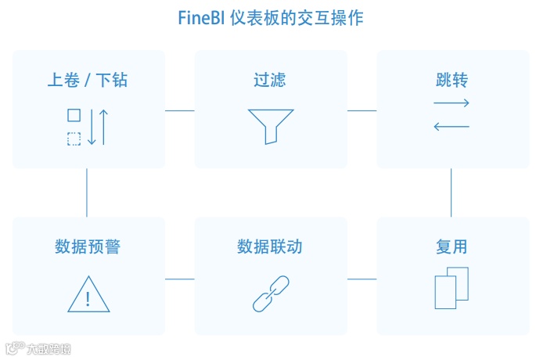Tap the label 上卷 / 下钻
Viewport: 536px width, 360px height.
pos(88,80)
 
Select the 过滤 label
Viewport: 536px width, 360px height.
pos(270,80)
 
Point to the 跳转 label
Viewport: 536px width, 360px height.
pos(452,80)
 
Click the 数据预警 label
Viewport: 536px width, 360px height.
pos(88,247)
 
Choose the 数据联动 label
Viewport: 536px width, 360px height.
pos(270,247)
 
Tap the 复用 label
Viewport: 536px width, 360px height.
pos(452,247)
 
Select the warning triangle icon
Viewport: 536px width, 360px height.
pos(88,294)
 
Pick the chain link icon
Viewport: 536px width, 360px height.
pos(270,294)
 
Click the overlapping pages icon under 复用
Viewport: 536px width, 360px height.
pos(451,288)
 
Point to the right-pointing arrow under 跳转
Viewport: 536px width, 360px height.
pos(451,103)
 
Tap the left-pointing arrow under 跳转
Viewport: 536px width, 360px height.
pos(451,126)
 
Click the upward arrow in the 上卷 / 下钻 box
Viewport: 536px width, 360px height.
pos(103,127)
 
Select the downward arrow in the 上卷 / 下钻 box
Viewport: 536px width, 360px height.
pos(92,127)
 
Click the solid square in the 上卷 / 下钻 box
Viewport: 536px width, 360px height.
pos(74,115)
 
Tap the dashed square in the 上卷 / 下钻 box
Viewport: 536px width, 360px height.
pos(74,139)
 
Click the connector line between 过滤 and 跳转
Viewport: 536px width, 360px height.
pos(362,110)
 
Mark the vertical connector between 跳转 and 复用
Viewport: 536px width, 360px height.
pos(451,193)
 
